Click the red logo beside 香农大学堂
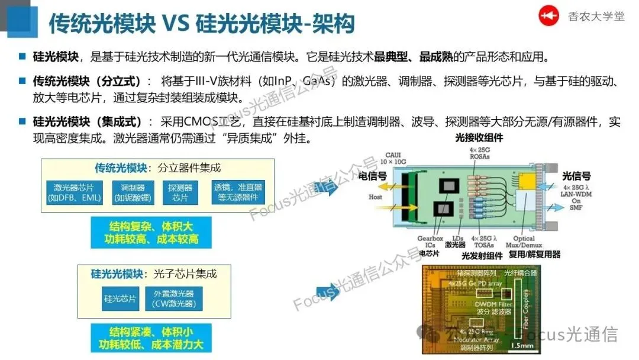tap(548, 17)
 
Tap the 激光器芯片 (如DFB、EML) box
tap(73, 192)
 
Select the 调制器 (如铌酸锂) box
tap(128, 192)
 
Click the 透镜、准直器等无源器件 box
tap(238, 192)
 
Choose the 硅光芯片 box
tap(120, 298)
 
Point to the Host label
tap(376, 197)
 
